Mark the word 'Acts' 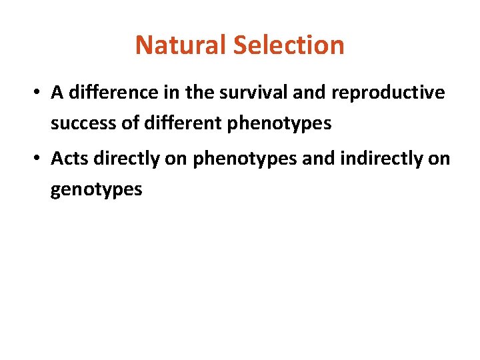coord(69,159)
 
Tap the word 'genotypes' coord(96,190)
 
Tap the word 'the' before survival coord(198,93)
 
